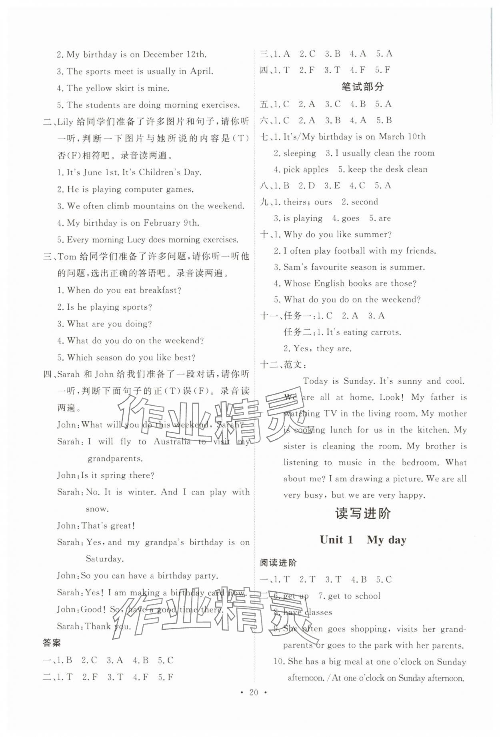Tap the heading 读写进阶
point(362,513)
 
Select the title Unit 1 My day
point(362,540)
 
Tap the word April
point(201,71)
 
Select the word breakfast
point(160,290)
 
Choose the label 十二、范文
point(284,364)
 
